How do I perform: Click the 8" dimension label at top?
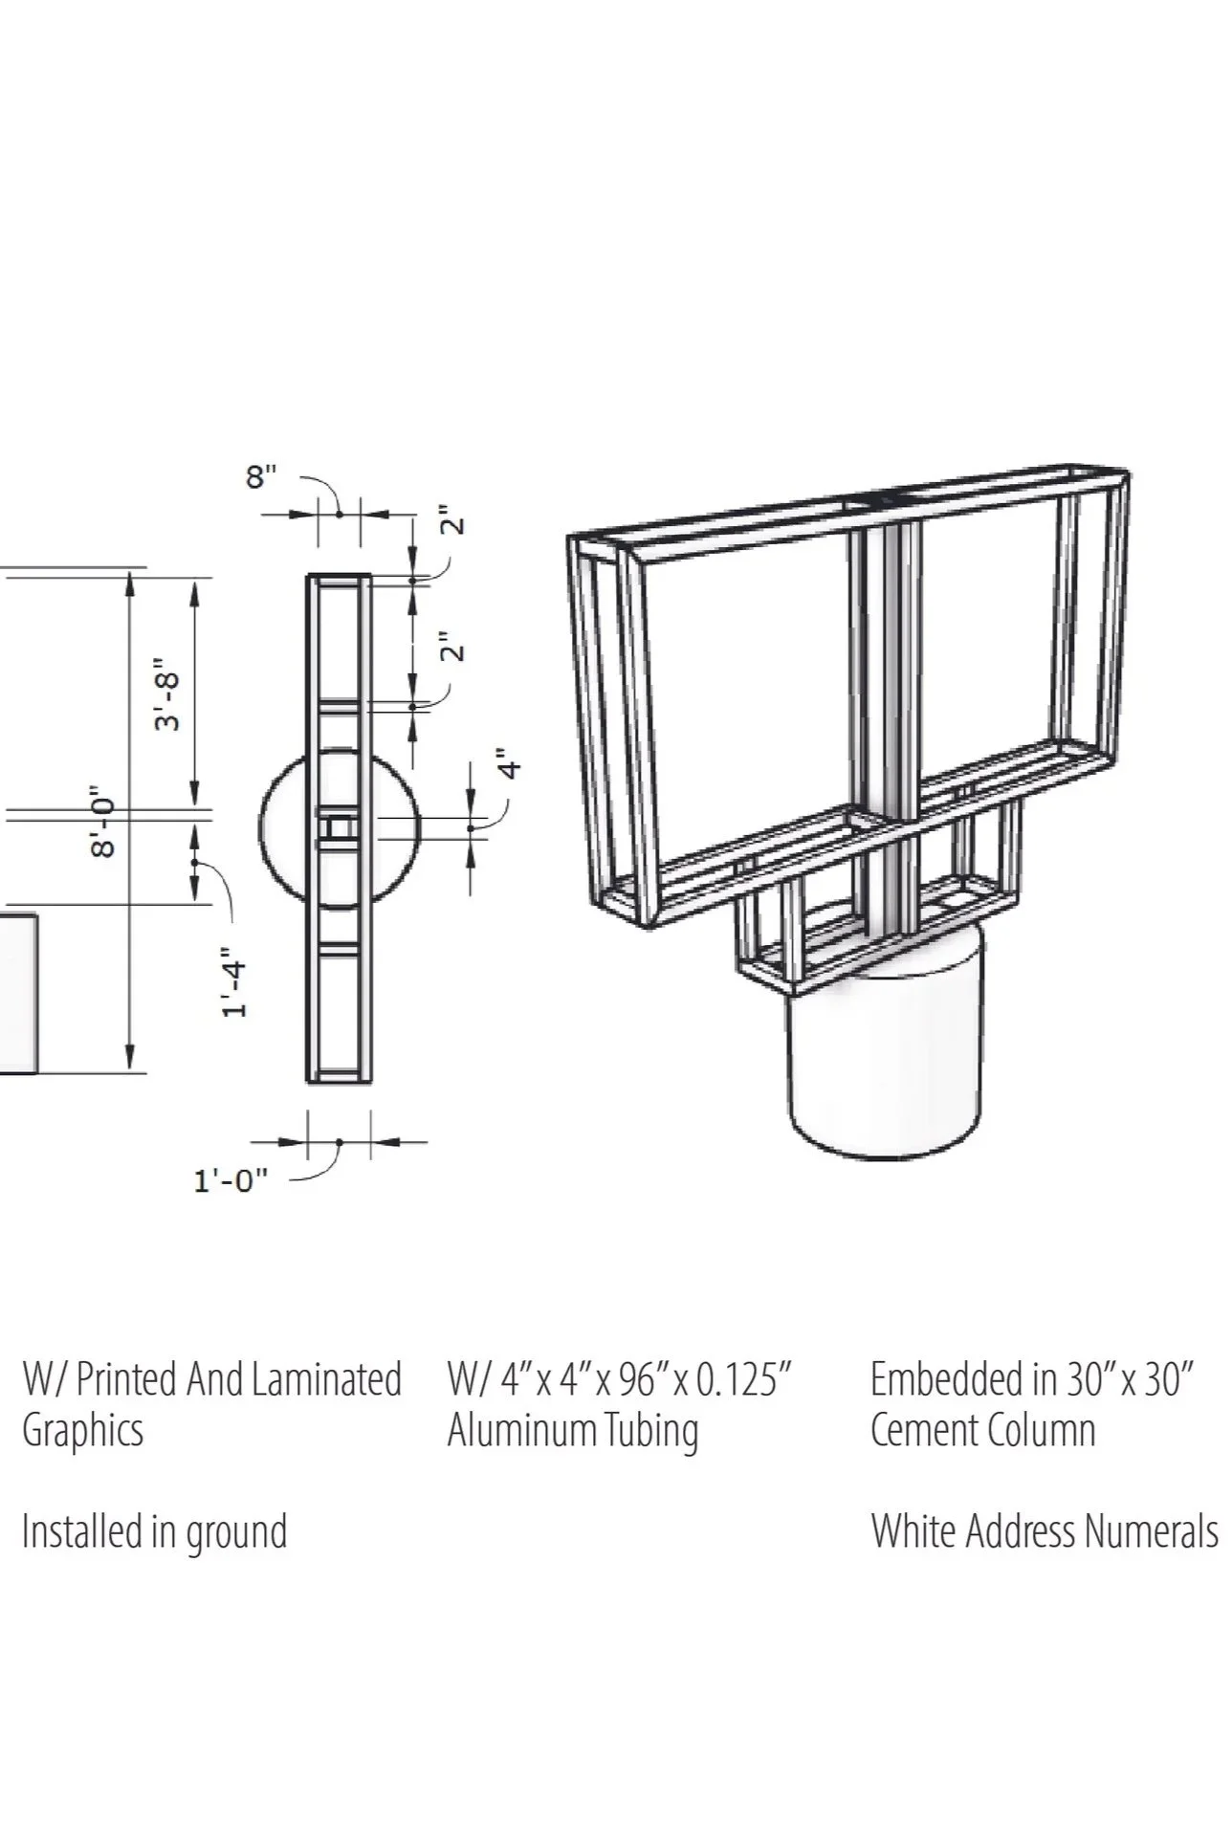point(261,475)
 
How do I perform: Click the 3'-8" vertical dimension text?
point(168,694)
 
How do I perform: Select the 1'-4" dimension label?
point(235,982)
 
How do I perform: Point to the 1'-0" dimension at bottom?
point(231,1181)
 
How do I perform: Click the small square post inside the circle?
point(338,827)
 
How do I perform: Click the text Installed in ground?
point(154,1531)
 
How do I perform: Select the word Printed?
point(126,1380)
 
